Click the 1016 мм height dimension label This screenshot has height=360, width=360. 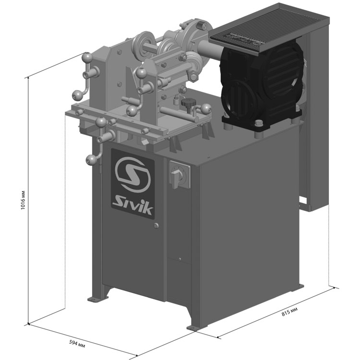point(23,200)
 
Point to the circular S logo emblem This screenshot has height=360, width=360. point(132,174)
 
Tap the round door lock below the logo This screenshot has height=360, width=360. point(156,226)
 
